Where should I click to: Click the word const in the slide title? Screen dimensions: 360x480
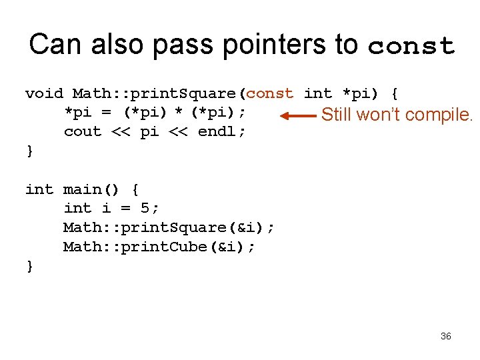tap(411, 46)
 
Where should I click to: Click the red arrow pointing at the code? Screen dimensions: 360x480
tap(298, 115)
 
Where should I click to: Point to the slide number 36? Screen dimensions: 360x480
tap(446, 336)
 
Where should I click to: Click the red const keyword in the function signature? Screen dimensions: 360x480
tap(270, 93)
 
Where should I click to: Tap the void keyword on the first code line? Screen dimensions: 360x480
tap(44, 93)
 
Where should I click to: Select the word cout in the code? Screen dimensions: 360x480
tap(83, 132)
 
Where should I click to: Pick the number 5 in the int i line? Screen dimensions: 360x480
tap(145, 209)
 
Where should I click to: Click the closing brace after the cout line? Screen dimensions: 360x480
tap(29, 151)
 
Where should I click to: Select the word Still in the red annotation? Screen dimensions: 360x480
tap(337, 115)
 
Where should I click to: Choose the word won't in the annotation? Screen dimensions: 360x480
tap(378, 115)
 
